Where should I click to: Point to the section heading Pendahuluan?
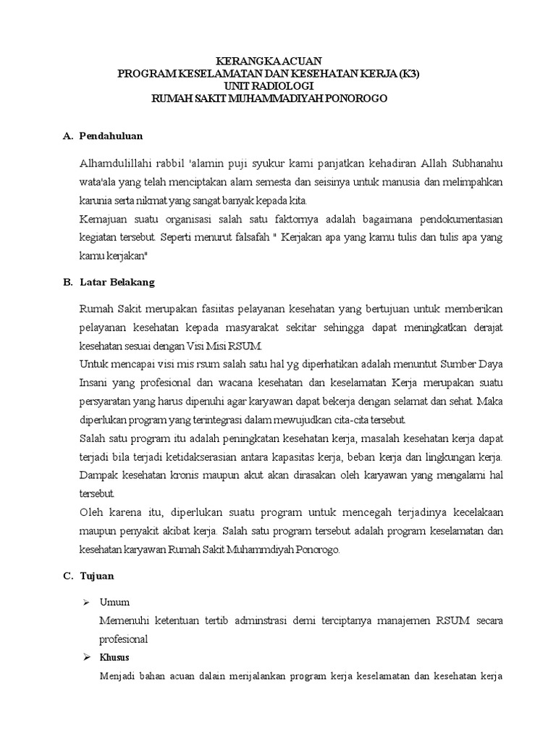[x=111, y=136]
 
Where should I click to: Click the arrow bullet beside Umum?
[x=87, y=602]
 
